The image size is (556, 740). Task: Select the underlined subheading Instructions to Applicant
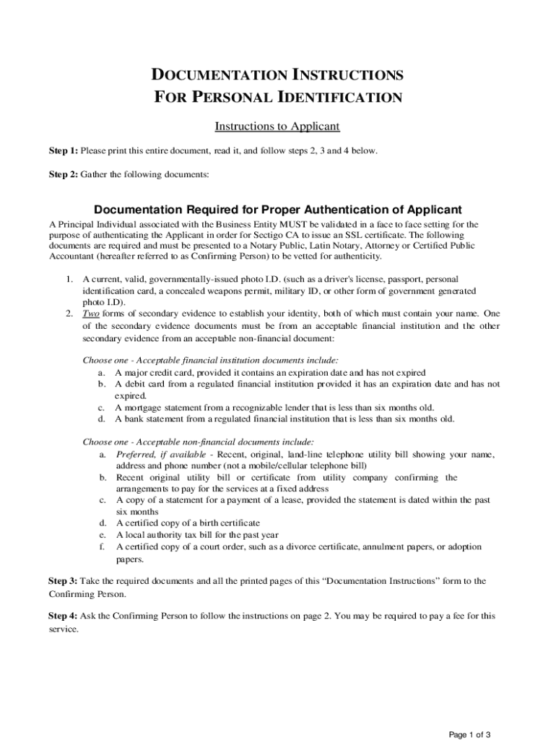tap(277, 126)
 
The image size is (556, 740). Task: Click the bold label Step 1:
tap(63, 151)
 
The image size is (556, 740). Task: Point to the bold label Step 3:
tap(63, 580)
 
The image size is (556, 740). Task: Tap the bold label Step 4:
tap(63, 616)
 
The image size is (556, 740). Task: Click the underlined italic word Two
tap(91, 314)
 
